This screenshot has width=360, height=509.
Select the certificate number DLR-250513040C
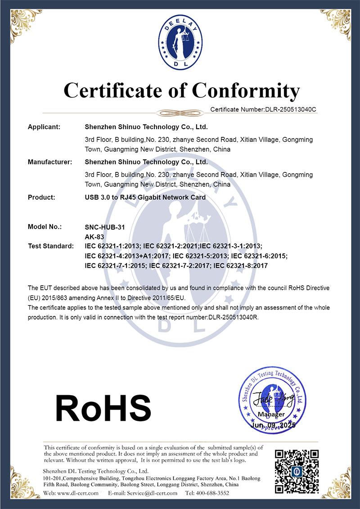pos(289,109)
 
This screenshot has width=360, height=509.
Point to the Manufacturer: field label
pos(50,162)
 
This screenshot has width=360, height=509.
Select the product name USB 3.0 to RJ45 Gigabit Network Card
pos(145,197)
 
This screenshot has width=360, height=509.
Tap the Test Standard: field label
pos(50,246)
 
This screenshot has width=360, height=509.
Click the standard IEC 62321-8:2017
pos(241,266)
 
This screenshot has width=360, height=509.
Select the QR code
pos(297,471)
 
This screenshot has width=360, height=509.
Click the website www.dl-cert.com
pos(78,493)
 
